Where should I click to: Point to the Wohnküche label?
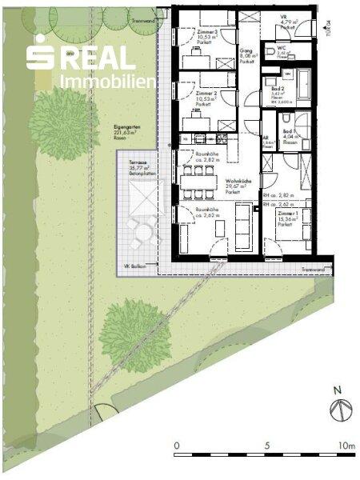click(x=234, y=186)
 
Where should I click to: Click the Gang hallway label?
click(x=247, y=53)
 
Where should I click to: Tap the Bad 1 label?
click(x=290, y=134)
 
